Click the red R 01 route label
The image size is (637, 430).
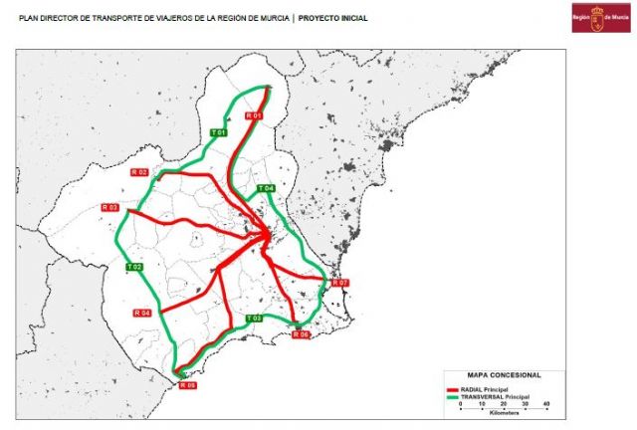(255, 116)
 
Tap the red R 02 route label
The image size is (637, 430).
(140, 172)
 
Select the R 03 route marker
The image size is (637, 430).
(109, 207)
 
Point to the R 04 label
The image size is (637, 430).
(141, 314)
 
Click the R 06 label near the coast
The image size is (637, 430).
(302, 334)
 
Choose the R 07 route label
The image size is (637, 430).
(340, 283)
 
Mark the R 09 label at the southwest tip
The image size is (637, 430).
(187, 384)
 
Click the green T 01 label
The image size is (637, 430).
(219, 132)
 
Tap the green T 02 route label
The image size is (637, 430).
(135, 267)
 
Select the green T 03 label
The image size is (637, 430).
(254, 318)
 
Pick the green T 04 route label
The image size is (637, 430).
(266, 188)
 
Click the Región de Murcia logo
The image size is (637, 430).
(600, 17)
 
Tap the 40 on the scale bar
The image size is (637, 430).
(546, 403)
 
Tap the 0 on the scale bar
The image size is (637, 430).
(461, 403)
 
